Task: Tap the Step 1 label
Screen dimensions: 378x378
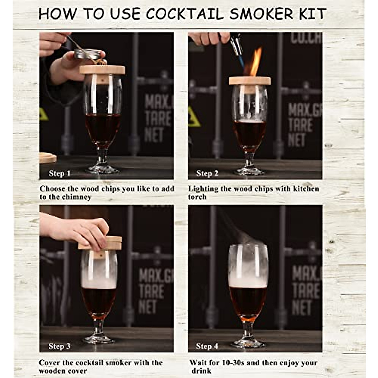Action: [x=60, y=173]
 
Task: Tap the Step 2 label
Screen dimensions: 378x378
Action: [x=207, y=173]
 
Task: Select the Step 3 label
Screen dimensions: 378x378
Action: [x=60, y=346]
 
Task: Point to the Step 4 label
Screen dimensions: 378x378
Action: [x=207, y=346]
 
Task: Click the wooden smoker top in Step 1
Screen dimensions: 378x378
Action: [x=102, y=70]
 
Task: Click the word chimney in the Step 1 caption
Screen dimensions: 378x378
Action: [x=77, y=197]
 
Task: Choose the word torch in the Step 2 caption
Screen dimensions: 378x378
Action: [x=198, y=197]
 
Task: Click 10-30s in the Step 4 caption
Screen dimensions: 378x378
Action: [x=231, y=363]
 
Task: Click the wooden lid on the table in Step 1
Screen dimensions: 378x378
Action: [x=48, y=158]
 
